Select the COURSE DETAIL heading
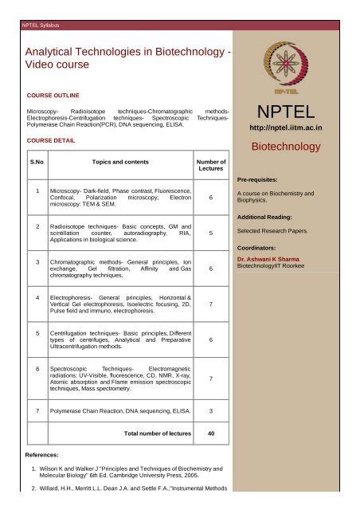tap(50, 139)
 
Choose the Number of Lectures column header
tap(210, 166)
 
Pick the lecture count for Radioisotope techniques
tap(209, 234)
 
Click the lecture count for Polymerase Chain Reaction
tap(209, 410)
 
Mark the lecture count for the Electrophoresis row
tap(209, 304)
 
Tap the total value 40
tap(210, 434)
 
